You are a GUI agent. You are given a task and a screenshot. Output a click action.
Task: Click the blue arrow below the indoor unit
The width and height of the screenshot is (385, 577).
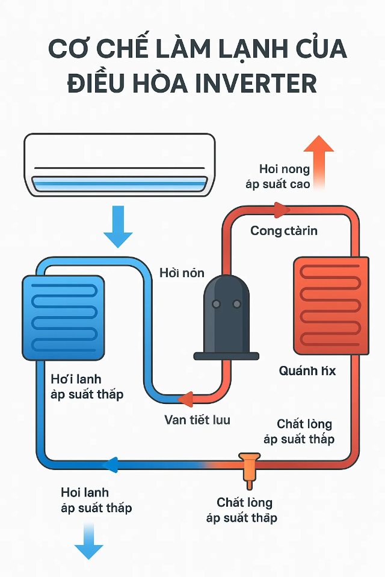[x=119, y=226]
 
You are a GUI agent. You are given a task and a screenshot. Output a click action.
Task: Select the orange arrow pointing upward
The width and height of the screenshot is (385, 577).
[x=318, y=159]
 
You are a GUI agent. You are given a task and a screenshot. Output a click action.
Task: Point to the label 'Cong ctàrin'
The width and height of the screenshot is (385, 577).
[x=284, y=231]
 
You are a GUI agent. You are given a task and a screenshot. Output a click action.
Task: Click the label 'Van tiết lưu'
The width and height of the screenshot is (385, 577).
[x=197, y=420]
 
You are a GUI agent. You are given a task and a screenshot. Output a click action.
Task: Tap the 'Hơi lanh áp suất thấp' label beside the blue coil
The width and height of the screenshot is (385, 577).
[x=88, y=386]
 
